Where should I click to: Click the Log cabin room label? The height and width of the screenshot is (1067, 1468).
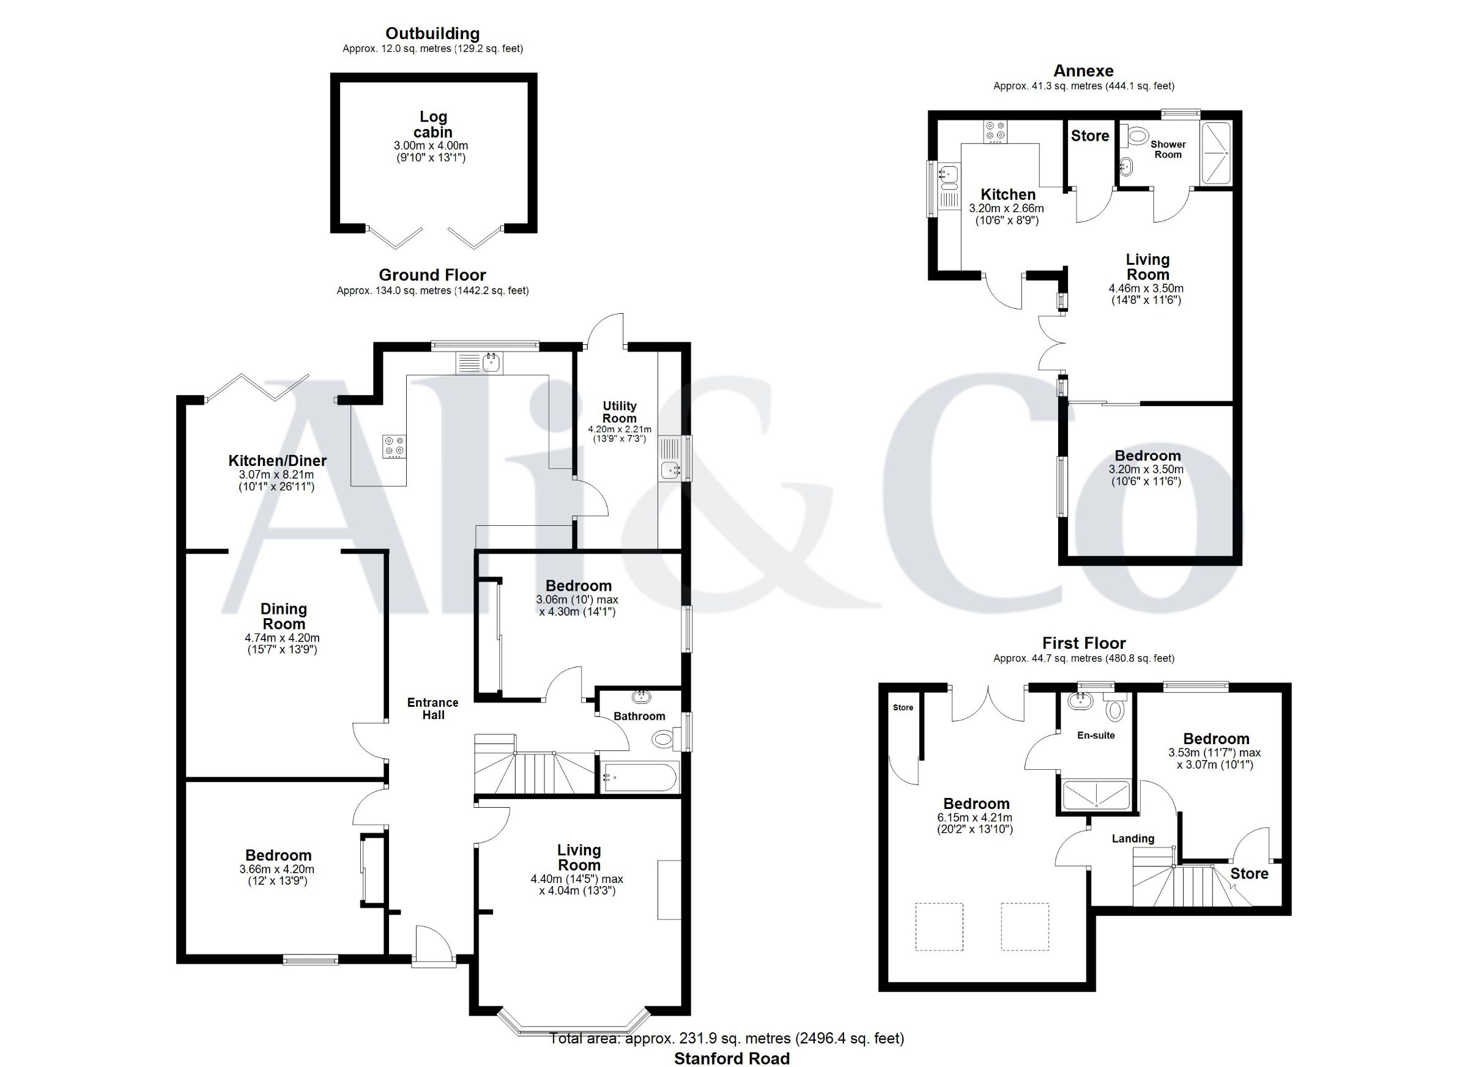[433, 124]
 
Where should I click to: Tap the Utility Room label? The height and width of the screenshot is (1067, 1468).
[620, 412]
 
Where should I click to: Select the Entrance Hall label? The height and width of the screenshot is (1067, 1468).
[433, 709]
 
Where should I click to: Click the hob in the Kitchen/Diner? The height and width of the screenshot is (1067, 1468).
[394, 446]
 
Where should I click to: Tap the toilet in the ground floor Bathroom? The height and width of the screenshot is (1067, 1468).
[666, 738]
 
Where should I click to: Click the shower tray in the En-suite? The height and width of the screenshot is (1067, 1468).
[1097, 794]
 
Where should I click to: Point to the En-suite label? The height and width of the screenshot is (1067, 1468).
[1096, 735]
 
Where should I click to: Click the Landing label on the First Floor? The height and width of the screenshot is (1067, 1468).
[1133, 838]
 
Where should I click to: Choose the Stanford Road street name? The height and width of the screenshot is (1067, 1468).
[732, 1058]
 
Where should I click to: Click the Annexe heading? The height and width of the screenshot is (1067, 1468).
[1083, 70]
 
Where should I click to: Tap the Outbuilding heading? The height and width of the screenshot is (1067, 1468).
[432, 34]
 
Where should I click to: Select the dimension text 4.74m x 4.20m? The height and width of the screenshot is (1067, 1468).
[283, 637]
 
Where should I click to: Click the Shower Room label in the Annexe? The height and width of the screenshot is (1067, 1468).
[1168, 149]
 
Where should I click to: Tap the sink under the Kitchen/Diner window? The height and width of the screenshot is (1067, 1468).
[492, 363]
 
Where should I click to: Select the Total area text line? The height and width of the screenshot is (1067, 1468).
[727, 1038]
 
